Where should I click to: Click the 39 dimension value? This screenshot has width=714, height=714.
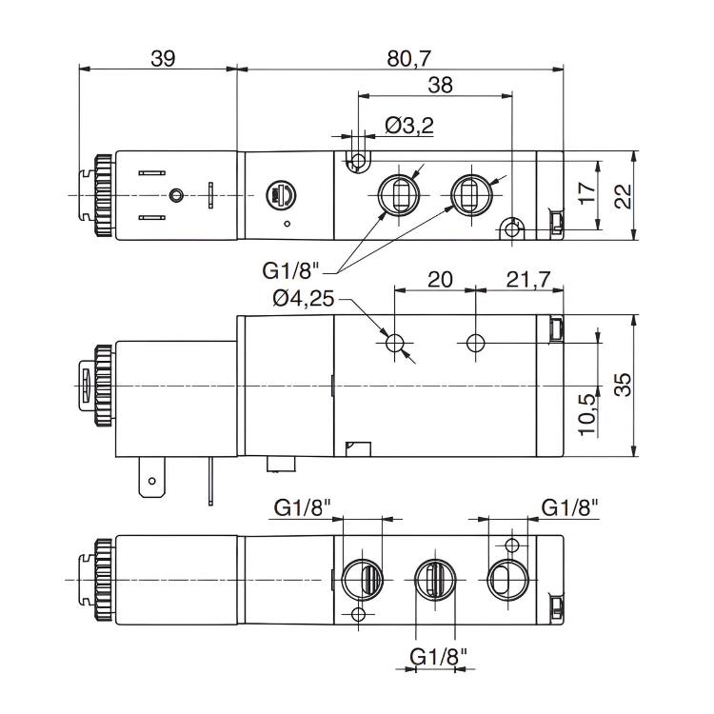tap(163, 57)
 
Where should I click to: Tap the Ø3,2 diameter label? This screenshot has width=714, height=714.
tap(409, 125)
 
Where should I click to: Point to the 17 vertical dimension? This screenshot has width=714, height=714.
tap(587, 194)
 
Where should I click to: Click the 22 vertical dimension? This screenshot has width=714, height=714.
tap(623, 196)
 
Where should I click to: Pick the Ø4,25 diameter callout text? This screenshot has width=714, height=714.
tap(303, 298)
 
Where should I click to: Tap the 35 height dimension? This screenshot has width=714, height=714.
tap(623, 384)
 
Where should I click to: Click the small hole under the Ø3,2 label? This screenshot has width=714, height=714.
tap(358, 160)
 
